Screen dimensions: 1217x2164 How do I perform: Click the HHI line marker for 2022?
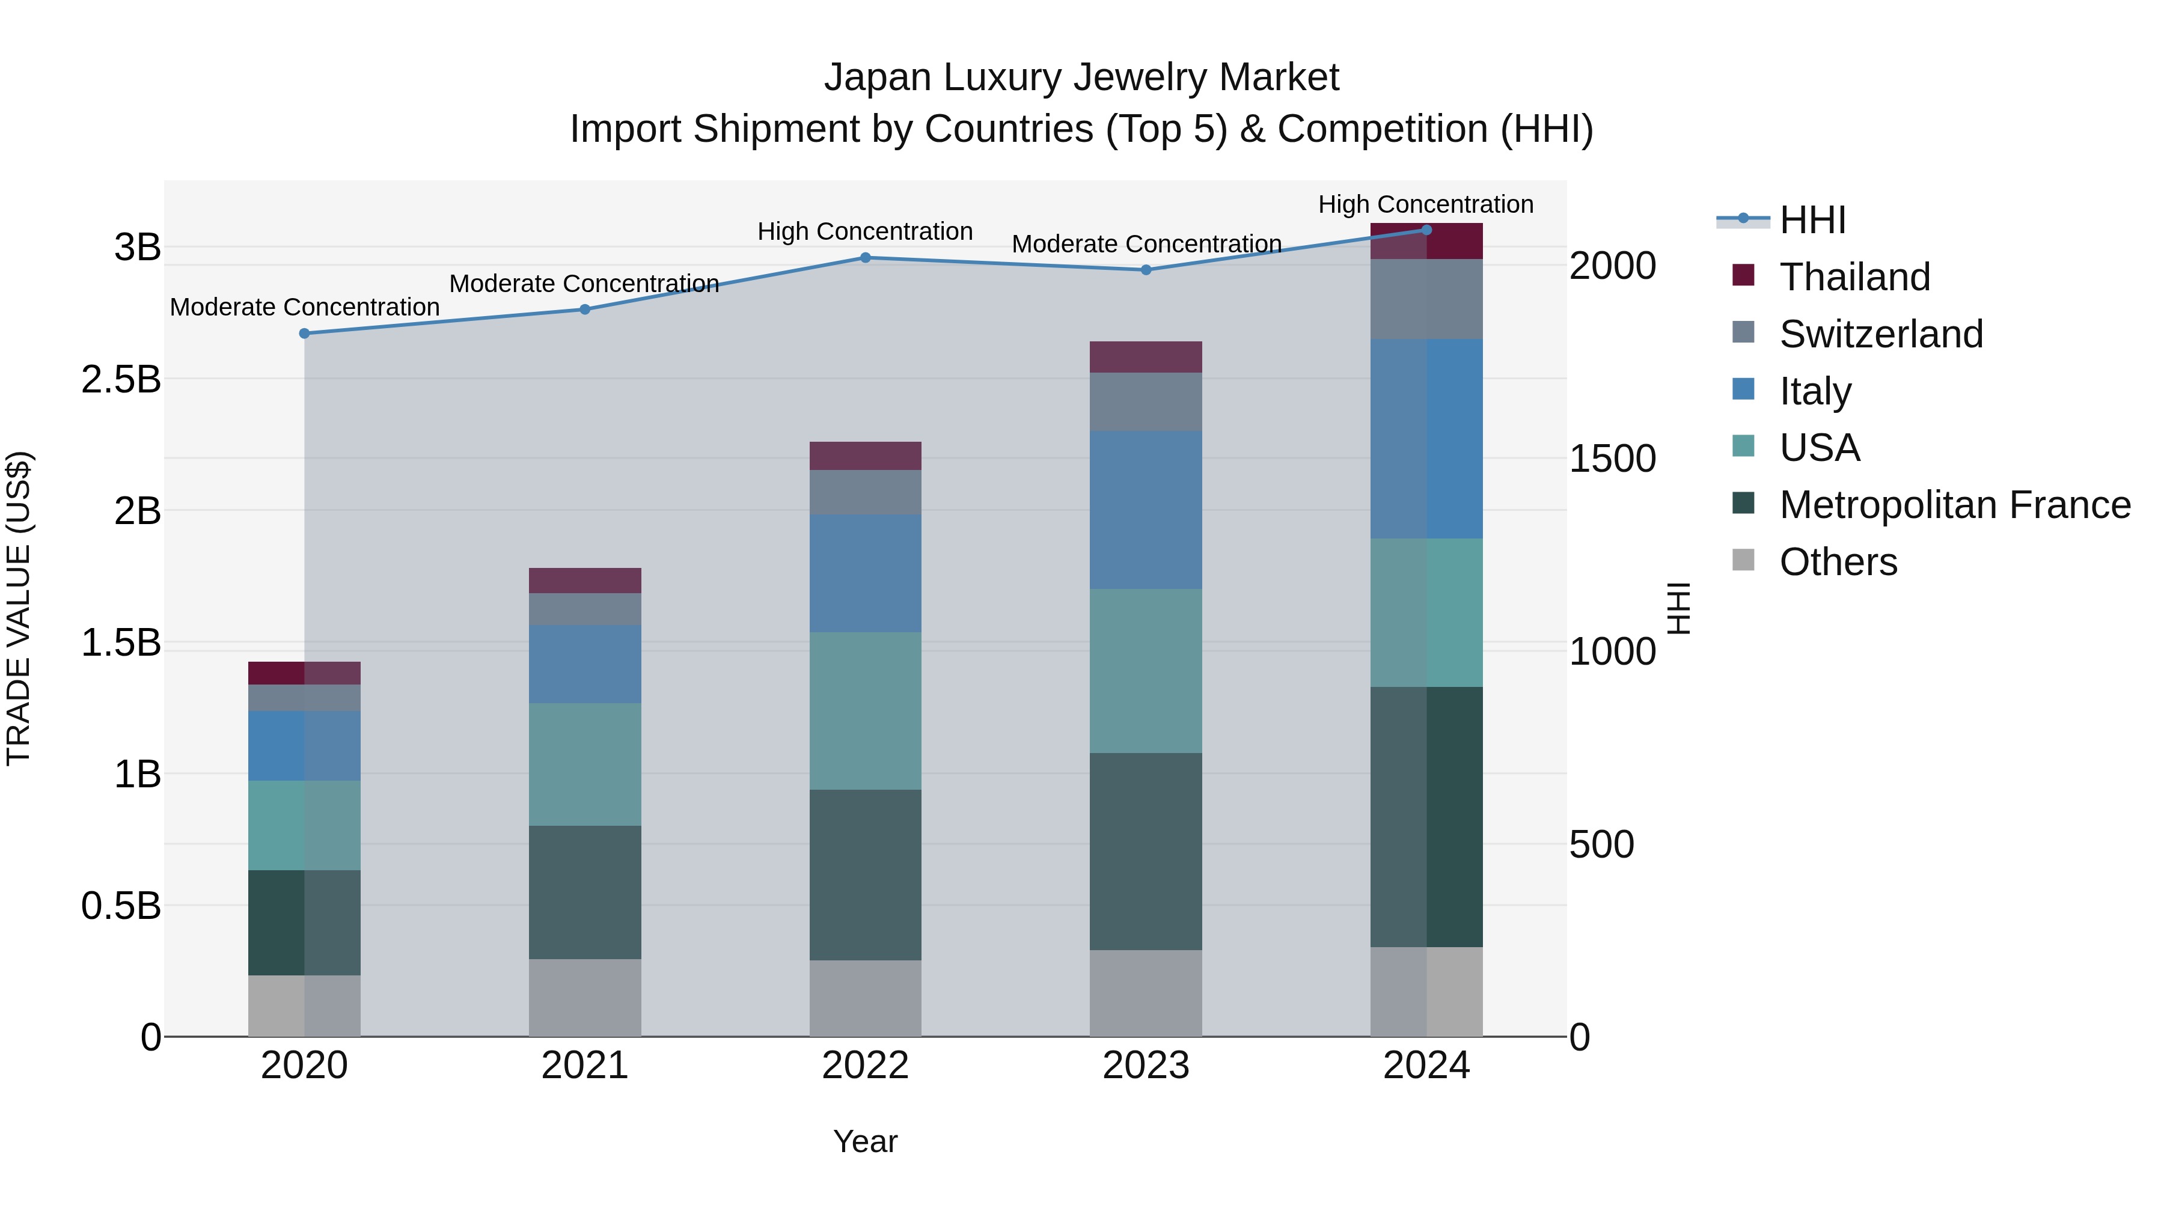pyautogui.click(x=865, y=258)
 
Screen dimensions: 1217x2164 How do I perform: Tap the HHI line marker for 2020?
pyautogui.click(x=304, y=334)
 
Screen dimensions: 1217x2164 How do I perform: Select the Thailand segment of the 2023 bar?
pyautogui.click(x=1146, y=357)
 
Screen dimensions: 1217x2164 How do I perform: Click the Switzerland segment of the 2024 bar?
pyautogui.click(x=1426, y=299)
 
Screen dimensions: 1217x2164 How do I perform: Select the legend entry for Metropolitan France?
pyautogui.click(x=1954, y=505)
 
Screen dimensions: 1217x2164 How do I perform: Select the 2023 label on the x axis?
pyautogui.click(x=1146, y=1066)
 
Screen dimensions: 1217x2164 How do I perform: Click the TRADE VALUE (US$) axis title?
pyautogui.click(x=19, y=608)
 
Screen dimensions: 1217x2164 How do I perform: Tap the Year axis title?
pyautogui.click(x=865, y=1141)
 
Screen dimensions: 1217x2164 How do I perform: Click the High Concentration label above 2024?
pyautogui.click(x=1426, y=204)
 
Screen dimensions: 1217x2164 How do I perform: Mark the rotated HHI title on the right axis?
pyautogui.click(x=1678, y=608)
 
